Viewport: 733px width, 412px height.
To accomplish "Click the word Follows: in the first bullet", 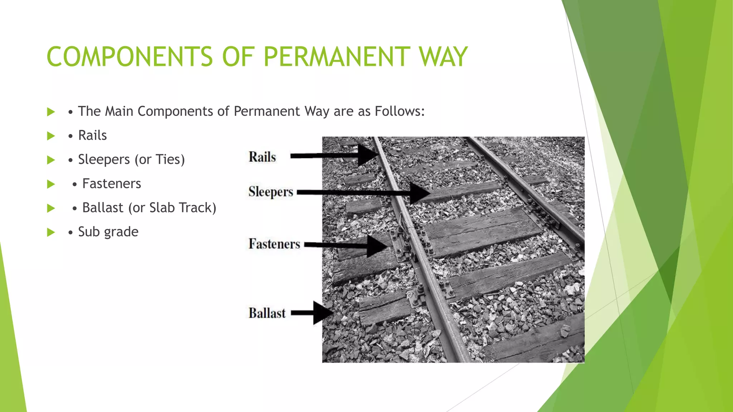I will [x=399, y=111].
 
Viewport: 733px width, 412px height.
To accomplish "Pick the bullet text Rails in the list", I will [x=92, y=136].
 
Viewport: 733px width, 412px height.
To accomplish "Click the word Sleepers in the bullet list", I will [x=104, y=160].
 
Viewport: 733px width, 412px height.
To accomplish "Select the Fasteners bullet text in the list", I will [x=112, y=184].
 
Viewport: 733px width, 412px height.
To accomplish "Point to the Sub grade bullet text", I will [x=108, y=232].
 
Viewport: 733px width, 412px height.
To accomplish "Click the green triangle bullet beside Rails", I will [x=51, y=136].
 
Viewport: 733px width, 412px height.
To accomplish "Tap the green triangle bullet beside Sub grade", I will [x=51, y=232].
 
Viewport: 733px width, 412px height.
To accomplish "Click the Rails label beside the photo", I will [x=262, y=157].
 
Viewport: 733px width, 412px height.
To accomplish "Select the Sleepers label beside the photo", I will [x=271, y=192].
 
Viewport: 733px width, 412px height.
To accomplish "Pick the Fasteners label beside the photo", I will [x=275, y=244].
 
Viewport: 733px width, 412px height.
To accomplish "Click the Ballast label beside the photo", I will [x=267, y=313].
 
